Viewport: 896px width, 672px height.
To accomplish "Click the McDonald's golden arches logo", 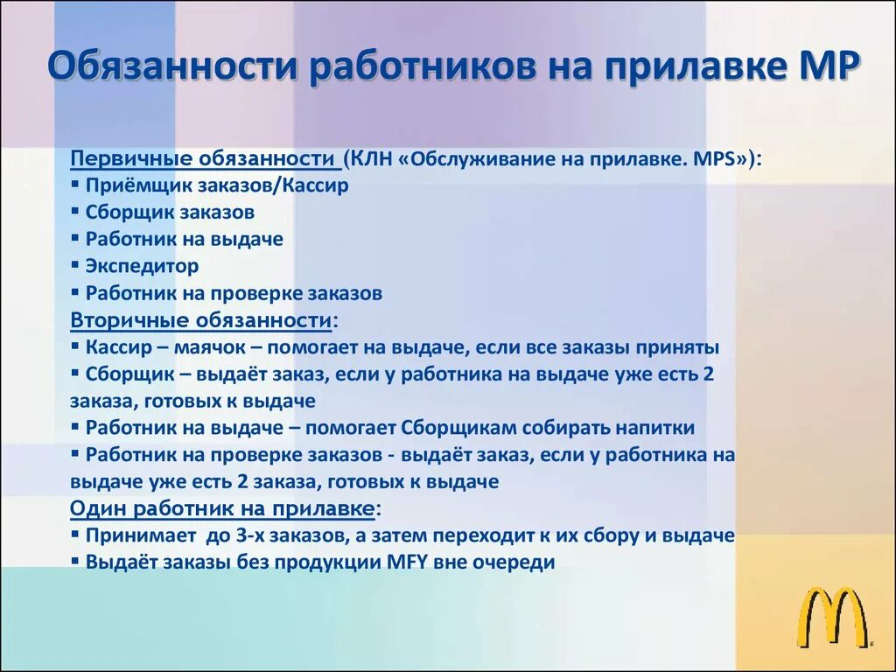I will [830, 618].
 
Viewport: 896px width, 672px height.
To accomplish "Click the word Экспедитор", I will [142, 266].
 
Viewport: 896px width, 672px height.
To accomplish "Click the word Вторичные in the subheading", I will [120, 319].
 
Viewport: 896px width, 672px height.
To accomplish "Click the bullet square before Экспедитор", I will [76, 266].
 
